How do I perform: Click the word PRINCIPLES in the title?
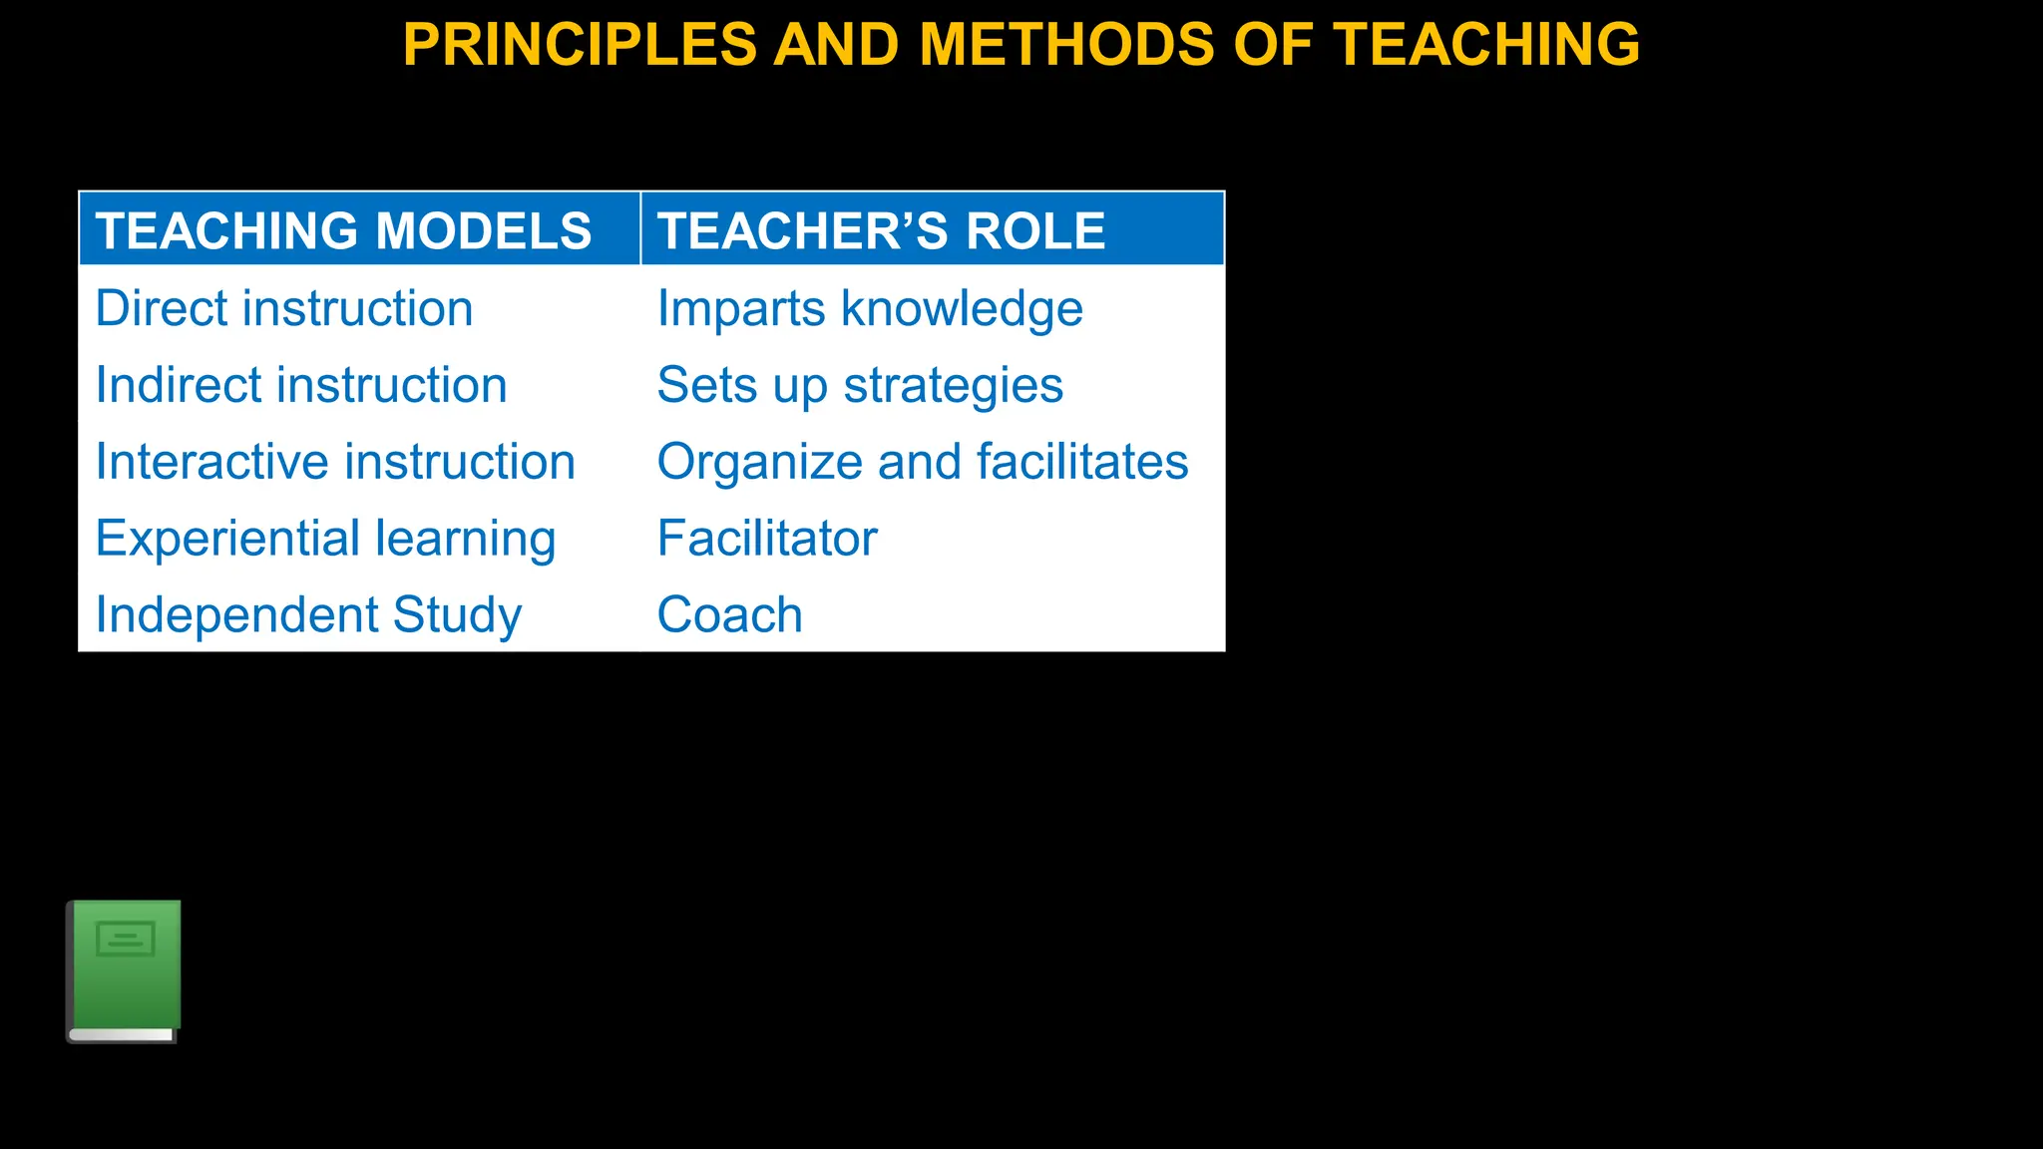[580, 45]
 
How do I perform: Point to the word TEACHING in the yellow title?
[1486, 45]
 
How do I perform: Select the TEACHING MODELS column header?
[344, 230]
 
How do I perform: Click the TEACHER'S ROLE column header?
[881, 230]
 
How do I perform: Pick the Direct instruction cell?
[284, 308]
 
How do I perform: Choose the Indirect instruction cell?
[301, 385]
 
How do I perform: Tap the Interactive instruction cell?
[335, 462]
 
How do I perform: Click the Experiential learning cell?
[325, 539]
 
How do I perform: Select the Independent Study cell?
[308, 614]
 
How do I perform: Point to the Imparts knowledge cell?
[870, 308]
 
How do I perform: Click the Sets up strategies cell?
[860, 385]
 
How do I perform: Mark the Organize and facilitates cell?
[923, 462]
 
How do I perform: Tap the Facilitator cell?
[767, 539]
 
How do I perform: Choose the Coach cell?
[730, 614]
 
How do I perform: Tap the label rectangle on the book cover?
[126, 939]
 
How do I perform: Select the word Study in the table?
[457, 614]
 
